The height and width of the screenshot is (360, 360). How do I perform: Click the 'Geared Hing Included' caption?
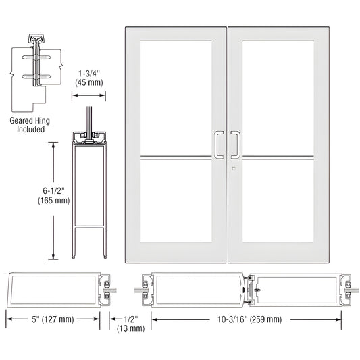click(x=28, y=125)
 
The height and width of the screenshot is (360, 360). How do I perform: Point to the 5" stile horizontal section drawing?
click(x=57, y=290)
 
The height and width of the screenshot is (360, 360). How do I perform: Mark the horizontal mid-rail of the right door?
click(x=277, y=160)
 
